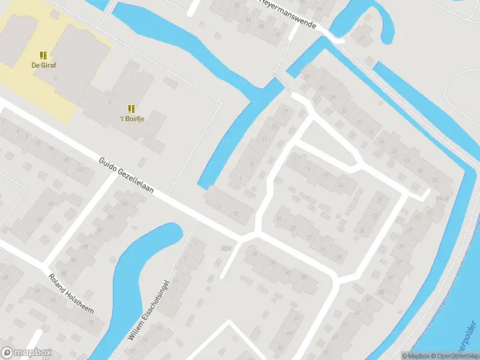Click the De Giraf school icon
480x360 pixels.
pos(43,55)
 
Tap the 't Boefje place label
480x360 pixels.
pos(132,118)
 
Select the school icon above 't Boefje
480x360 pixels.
pos(131,109)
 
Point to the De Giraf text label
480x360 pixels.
pos(43,65)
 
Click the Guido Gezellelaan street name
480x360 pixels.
pos(127,176)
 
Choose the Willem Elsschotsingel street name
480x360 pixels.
pos(149,311)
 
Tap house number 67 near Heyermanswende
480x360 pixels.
pos(362,38)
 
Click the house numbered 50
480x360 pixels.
pos(280,347)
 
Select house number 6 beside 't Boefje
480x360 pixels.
pos(110,102)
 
